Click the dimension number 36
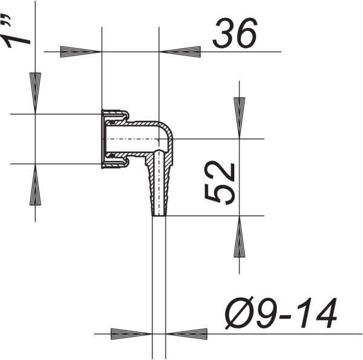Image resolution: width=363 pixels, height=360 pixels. pos(235,33)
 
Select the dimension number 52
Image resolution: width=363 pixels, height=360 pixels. pos(220,184)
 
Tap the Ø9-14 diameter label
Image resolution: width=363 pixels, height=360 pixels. pos(281,313)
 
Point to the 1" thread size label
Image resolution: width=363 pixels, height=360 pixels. pos(15,31)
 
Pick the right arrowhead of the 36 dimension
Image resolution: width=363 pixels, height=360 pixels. pos(180,52)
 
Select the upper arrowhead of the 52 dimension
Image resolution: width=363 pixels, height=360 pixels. pos(240,118)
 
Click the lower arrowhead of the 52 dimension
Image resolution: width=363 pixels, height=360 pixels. pos(240,237)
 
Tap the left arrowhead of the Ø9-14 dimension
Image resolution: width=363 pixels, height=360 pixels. pos(131,334)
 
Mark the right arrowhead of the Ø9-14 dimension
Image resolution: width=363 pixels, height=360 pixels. pos(186,334)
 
